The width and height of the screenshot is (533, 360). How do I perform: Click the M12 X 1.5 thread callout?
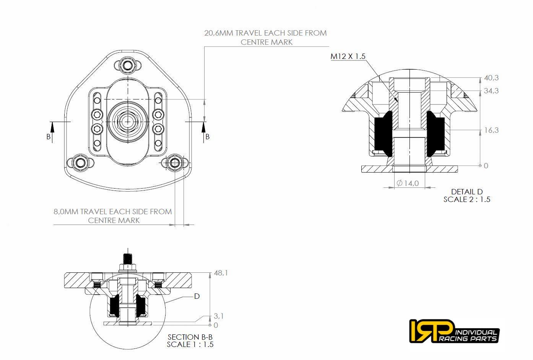coord(348,56)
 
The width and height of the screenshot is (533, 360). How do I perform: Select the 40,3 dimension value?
coord(491,78)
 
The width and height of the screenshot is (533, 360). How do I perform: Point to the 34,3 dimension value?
coord(491,91)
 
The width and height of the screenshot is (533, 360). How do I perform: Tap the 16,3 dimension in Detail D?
coord(491,130)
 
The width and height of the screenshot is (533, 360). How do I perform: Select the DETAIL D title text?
coord(467,192)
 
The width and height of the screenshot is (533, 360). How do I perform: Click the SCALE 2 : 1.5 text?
coord(467,199)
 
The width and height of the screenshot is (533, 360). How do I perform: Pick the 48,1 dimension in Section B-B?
coord(221,273)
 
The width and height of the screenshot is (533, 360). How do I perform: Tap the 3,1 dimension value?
coord(219,316)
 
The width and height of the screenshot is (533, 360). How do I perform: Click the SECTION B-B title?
coord(190,337)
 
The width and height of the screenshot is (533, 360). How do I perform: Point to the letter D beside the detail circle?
coord(197,296)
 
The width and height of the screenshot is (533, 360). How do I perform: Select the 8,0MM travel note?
coord(113,216)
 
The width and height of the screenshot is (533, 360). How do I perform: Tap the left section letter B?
coord(49,137)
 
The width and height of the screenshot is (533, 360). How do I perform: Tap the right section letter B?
coord(208,137)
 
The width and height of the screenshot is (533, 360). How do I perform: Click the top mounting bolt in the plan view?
coord(127,65)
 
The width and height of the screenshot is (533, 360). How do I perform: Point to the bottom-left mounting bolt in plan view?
coord(80,163)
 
